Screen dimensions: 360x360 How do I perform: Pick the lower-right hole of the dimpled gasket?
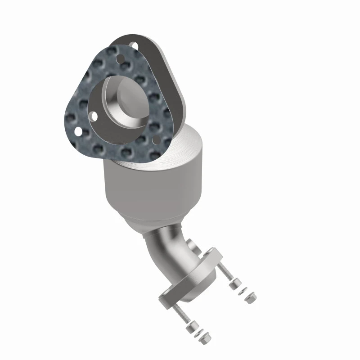[156, 141]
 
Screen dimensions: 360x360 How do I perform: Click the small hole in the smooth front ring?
[94, 116]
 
